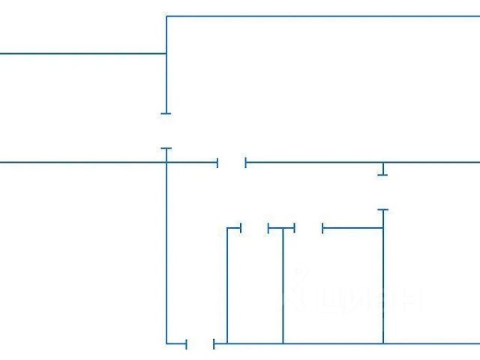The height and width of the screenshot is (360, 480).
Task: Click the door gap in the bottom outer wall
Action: [x=200, y=344]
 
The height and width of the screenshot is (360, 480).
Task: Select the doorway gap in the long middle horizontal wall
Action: [x=232, y=162]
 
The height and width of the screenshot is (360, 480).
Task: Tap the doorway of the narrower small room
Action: [x=254, y=228]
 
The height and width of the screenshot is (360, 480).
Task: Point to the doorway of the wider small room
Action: [x=308, y=228]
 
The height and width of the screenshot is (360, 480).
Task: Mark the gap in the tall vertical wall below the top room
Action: [x=166, y=131]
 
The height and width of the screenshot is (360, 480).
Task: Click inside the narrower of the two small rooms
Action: [x=255, y=289]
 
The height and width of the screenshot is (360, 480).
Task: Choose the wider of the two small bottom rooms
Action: [x=332, y=289]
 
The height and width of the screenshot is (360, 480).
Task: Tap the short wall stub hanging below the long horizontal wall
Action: [x=382, y=169]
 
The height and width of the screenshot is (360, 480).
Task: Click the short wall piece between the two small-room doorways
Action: [x=281, y=228]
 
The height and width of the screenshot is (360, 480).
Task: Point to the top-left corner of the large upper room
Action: [x=166, y=16]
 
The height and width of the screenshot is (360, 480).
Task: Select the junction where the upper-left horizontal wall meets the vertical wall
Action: [x=166, y=54]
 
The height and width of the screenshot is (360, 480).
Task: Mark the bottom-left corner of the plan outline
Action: [x=166, y=343]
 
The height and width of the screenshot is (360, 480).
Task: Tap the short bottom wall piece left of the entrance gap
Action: [x=176, y=343]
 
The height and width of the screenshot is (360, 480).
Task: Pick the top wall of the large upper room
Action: [x=322, y=16]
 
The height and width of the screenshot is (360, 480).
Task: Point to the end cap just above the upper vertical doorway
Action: [x=166, y=113]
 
